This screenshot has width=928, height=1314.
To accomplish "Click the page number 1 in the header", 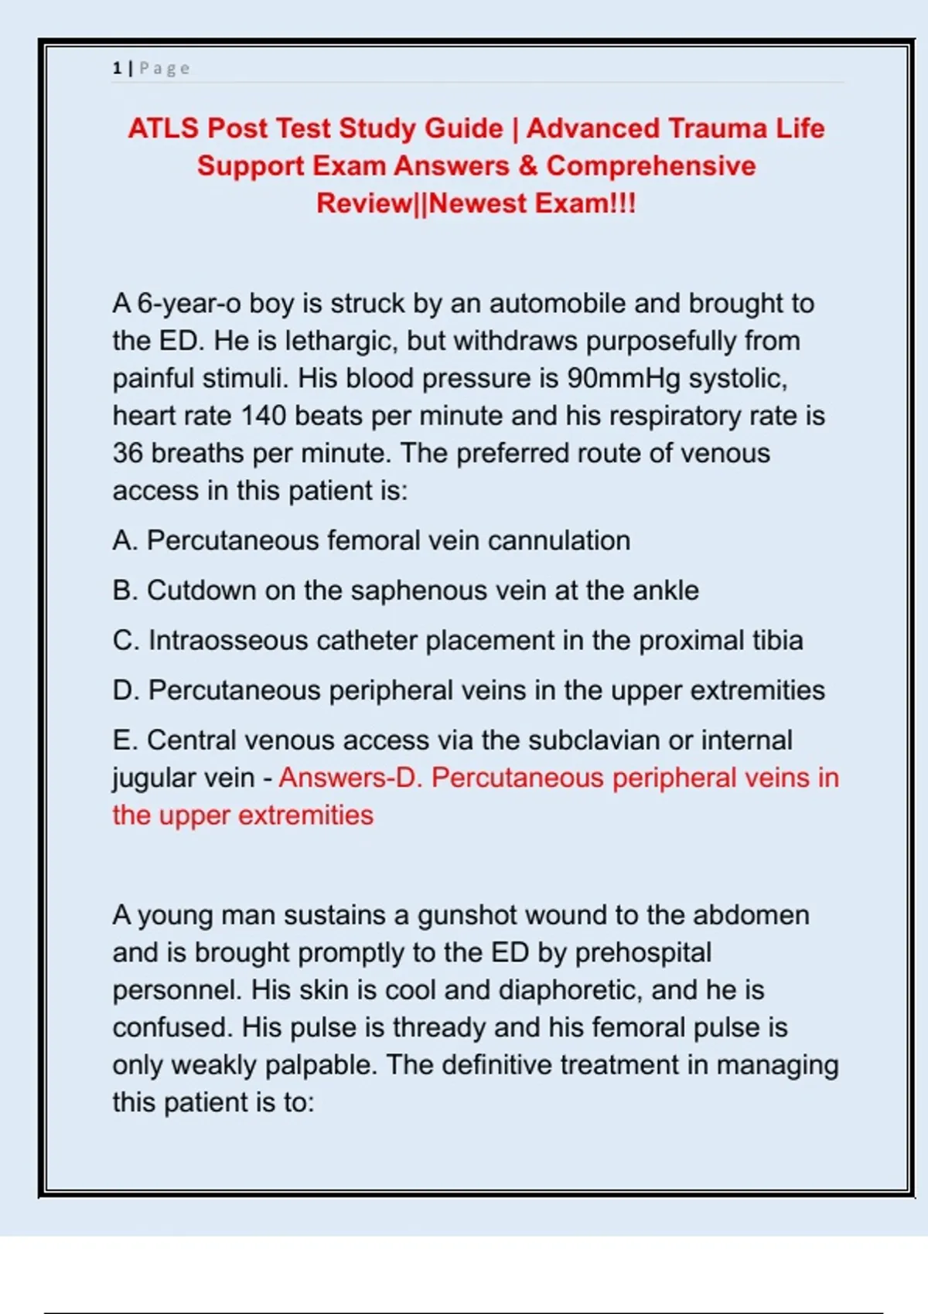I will click(x=117, y=68).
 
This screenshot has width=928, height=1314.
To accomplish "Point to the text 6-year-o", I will click(x=189, y=304).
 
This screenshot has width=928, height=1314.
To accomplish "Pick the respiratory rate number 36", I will click(x=128, y=454).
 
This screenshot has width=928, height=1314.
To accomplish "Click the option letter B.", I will click(x=124, y=591).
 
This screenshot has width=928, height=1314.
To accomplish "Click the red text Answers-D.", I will click(x=350, y=778).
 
